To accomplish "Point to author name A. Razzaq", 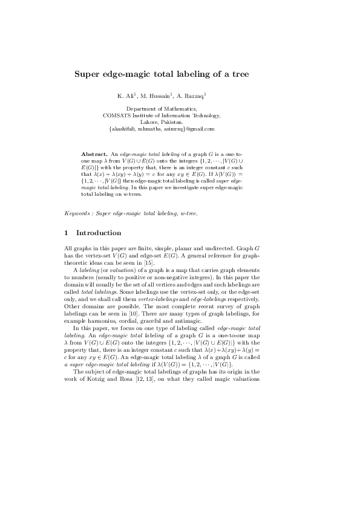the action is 192,96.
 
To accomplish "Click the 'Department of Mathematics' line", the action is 162,109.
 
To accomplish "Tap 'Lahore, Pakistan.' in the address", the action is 162,122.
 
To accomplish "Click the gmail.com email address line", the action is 162,129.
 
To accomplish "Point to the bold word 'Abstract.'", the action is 94,148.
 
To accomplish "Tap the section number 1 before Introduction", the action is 66,233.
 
